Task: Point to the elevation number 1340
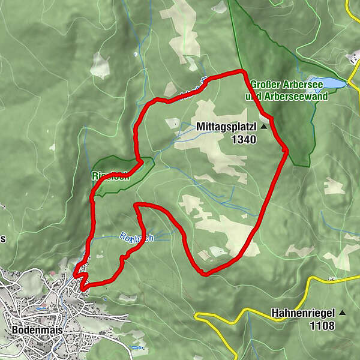click(x=242, y=140)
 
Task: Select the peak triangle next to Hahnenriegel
click(x=343, y=313)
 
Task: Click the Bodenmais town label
click(x=38, y=330)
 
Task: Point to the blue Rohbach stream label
click(x=137, y=238)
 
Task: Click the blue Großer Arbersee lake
click(x=326, y=82)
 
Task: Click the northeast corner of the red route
click(x=243, y=73)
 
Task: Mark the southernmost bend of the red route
click(x=206, y=274)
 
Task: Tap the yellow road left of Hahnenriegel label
click(x=252, y=312)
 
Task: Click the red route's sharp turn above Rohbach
click(x=137, y=206)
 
